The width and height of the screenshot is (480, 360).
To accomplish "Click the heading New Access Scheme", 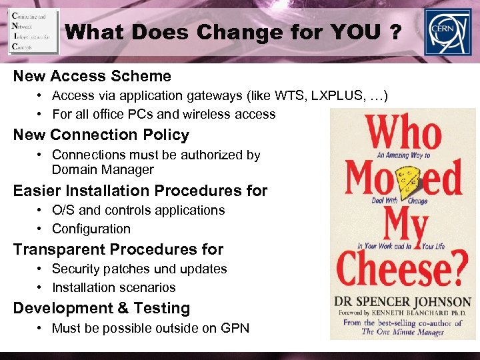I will (x=92, y=76).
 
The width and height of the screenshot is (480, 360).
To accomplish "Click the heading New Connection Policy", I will (x=101, y=135).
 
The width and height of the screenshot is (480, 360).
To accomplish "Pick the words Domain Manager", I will (x=103, y=169).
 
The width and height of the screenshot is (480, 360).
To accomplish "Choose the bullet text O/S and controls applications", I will (x=138, y=210).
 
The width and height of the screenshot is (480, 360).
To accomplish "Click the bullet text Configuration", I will (x=91, y=229).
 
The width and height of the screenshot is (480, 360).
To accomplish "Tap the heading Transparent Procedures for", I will (x=118, y=249).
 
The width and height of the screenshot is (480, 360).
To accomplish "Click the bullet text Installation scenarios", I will (x=113, y=287).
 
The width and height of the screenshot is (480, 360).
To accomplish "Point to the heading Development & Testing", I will (x=101, y=308).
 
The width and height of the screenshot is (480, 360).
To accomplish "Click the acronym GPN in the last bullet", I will (x=234, y=327).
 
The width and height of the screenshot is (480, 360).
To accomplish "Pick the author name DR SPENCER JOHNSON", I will (x=403, y=302).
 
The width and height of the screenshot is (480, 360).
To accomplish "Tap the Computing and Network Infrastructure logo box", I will (x=33, y=31).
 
